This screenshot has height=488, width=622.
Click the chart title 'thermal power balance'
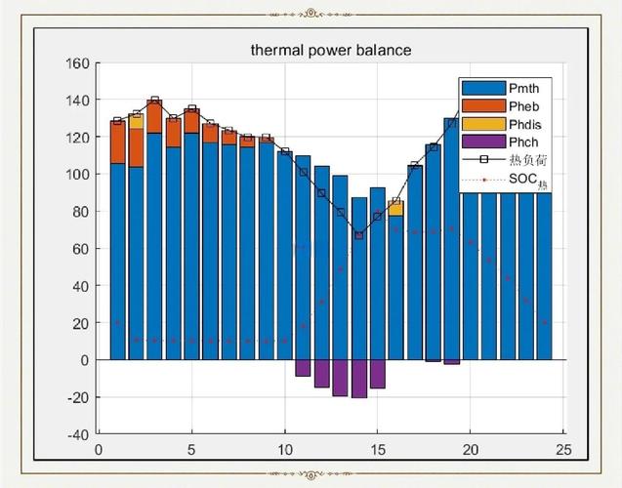click(x=331, y=50)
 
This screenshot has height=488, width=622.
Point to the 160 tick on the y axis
click(x=77, y=63)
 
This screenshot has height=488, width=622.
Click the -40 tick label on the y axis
click(x=77, y=434)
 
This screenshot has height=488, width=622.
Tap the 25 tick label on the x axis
click(x=562, y=450)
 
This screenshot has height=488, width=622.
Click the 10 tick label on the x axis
click(x=284, y=450)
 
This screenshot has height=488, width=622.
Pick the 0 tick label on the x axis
click(x=99, y=450)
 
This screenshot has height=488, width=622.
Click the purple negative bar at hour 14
click(x=358, y=379)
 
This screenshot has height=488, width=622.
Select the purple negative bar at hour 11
click(x=303, y=368)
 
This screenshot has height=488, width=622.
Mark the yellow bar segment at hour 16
click(x=395, y=208)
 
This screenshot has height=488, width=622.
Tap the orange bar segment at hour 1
click(x=117, y=142)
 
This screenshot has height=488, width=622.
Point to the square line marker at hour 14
click(x=358, y=235)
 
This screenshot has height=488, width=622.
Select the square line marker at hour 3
click(x=154, y=101)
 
